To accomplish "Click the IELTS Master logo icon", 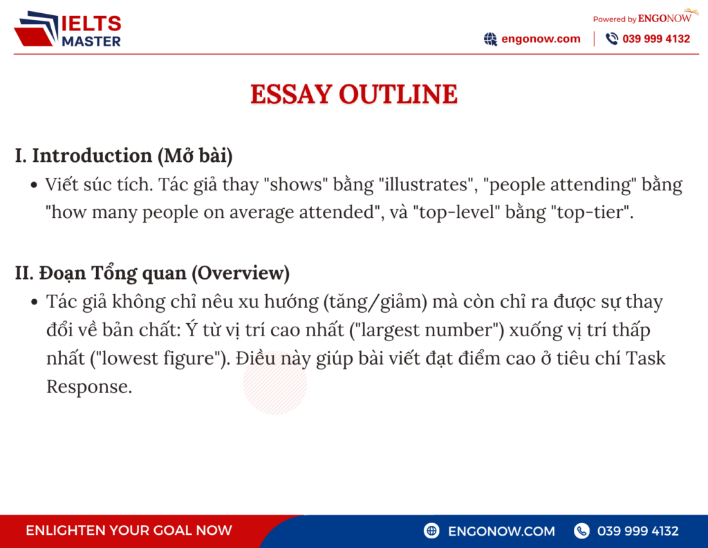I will click(x=36, y=29).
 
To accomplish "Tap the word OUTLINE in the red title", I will click(x=398, y=94).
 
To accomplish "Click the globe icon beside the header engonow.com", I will click(x=490, y=39).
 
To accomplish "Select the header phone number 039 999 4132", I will click(x=656, y=39).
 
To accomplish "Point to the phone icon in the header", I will click(x=612, y=39).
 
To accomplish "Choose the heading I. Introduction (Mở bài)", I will click(x=124, y=156).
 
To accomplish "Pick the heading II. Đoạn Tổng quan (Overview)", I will click(x=152, y=273).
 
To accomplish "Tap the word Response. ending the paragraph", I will click(x=89, y=387).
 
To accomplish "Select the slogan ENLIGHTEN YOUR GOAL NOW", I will click(x=129, y=531).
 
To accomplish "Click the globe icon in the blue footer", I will click(x=432, y=531).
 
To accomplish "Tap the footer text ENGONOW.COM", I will click(x=501, y=531).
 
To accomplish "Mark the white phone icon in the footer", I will click(x=581, y=531).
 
